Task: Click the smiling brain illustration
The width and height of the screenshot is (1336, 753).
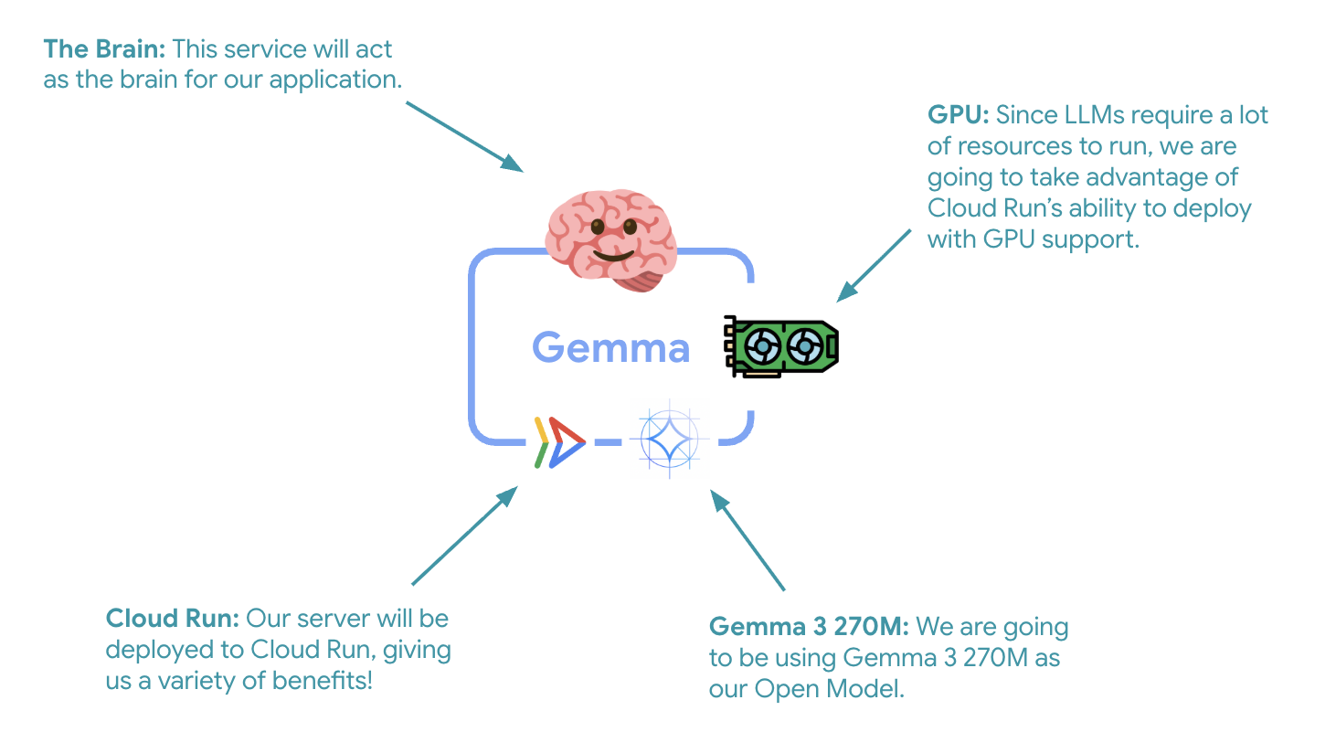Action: [x=610, y=238]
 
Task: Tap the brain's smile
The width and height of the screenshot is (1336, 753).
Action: [x=612, y=255]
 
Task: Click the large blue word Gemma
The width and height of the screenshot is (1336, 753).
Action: [x=610, y=348]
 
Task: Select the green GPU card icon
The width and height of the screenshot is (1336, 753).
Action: [x=781, y=346]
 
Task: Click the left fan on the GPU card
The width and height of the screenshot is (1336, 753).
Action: [x=762, y=346]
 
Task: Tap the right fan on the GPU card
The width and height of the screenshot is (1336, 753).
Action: [x=804, y=346]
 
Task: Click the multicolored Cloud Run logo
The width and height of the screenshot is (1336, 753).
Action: [x=559, y=442]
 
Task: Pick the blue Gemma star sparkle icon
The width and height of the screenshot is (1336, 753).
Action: [x=669, y=439]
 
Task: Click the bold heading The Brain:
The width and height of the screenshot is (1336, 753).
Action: [x=104, y=49]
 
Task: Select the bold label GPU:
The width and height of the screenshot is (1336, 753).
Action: [x=958, y=115]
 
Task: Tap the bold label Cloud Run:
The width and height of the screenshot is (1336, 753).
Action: [x=172, y=619]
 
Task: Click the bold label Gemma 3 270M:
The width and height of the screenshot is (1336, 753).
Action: [x=808, y=627]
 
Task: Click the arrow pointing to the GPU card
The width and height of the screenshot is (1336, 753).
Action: [x=874, y=265]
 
